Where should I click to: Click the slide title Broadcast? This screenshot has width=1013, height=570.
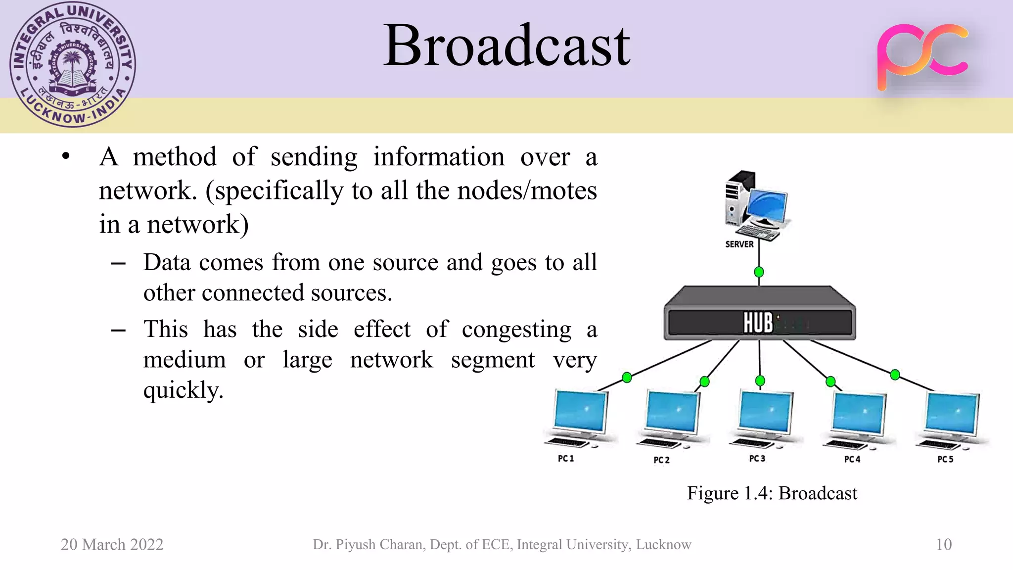click(x=506, y=46)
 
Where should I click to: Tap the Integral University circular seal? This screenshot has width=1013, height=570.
click(x=73, y=65)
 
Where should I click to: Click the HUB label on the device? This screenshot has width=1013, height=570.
click(x=758, y=323)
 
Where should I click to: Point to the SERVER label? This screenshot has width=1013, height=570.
click(x=739, y=244)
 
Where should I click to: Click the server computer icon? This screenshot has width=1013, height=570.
click(x=754, y=205)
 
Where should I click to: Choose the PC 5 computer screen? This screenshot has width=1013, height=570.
click(x=952, y=414)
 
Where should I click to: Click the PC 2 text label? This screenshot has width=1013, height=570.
click(x=661, y=460)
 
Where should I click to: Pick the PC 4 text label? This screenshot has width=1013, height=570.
click(x=852, y=460)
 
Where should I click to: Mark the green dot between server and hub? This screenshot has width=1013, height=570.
click(x=759, y=272)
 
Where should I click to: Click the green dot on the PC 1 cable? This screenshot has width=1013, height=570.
click(x=627, y=378)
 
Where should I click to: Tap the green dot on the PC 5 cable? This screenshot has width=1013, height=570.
click(x=895, y=375)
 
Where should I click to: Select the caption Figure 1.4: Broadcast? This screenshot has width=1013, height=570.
click(x=772, y=493)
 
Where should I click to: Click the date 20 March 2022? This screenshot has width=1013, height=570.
click(x=112, y=545)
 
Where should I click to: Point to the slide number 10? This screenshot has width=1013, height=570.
click(x=944, y=545)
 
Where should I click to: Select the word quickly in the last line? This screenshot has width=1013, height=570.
click(x=183, y=391)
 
